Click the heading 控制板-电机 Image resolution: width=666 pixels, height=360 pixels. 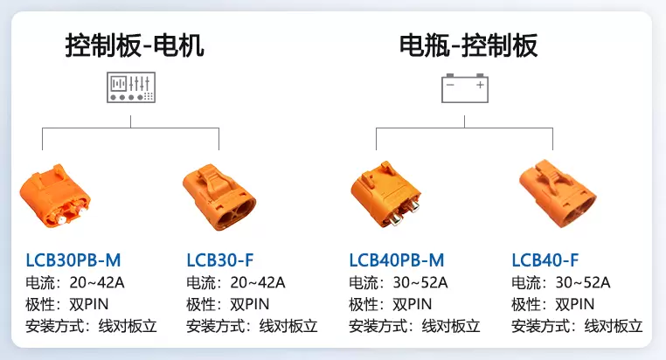click(135, 45)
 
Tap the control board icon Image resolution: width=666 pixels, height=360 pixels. click(130, 87)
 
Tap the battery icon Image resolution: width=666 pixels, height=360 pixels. click(464, 88)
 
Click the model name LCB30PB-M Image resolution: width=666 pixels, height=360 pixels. click(73, 260)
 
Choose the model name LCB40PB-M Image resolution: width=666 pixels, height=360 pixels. click(397, 260)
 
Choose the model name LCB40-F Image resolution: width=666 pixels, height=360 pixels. click(545, 260)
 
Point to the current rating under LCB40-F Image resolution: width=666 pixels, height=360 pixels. click(560, 282)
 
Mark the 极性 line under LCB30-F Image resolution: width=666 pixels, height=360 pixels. click(228, 304)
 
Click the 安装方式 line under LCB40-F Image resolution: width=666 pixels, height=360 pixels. click(577, 327)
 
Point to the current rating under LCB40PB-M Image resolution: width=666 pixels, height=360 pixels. click(399, 282)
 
